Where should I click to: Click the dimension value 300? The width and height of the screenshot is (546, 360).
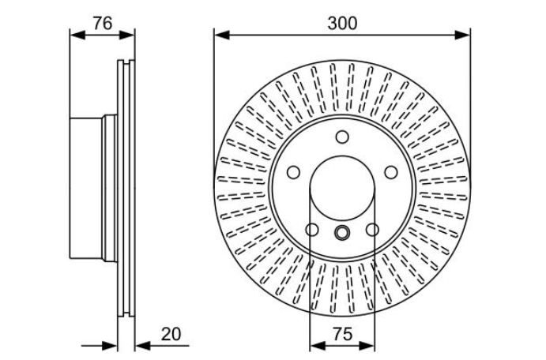pyautogui.click(x=342, y=23)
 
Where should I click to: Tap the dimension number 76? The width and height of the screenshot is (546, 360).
pyautogui.click(x=101, y=23)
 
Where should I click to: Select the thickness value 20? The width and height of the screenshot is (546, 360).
pyautogui.click(x=171, y=334)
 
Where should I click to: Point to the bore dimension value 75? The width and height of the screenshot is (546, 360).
pyautogui.click(x=342, y=334)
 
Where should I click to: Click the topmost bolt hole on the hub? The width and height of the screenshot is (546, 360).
pyautogui.click(x=342, y=137)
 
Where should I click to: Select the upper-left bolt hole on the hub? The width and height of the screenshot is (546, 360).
pyautogui.click(x=293, y=172)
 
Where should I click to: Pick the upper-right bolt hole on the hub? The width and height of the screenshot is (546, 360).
pyautogui.click(x=390, y=172)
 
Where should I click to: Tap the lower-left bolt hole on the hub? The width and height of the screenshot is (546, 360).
pyautogui.click(x=312, y=230)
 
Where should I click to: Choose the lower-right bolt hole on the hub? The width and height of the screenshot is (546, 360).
pyautogui.click(x=372, y=230)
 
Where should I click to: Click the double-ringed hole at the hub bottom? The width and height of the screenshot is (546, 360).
pyautogui.click(x=342, y=232)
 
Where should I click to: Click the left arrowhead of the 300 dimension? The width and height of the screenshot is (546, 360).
pyautogui.click(x=220, y=35)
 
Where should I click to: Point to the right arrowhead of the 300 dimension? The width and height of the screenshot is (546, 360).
pyautogui.click(x=464, y=35)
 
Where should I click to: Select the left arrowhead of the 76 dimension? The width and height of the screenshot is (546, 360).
pyautogui.click(x=76, y=35)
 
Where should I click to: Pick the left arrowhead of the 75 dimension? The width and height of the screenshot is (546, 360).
pyautogui.click(x=315, y=345)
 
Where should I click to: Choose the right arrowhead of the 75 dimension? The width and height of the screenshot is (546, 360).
pyautogui.click(x=368, y=345)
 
